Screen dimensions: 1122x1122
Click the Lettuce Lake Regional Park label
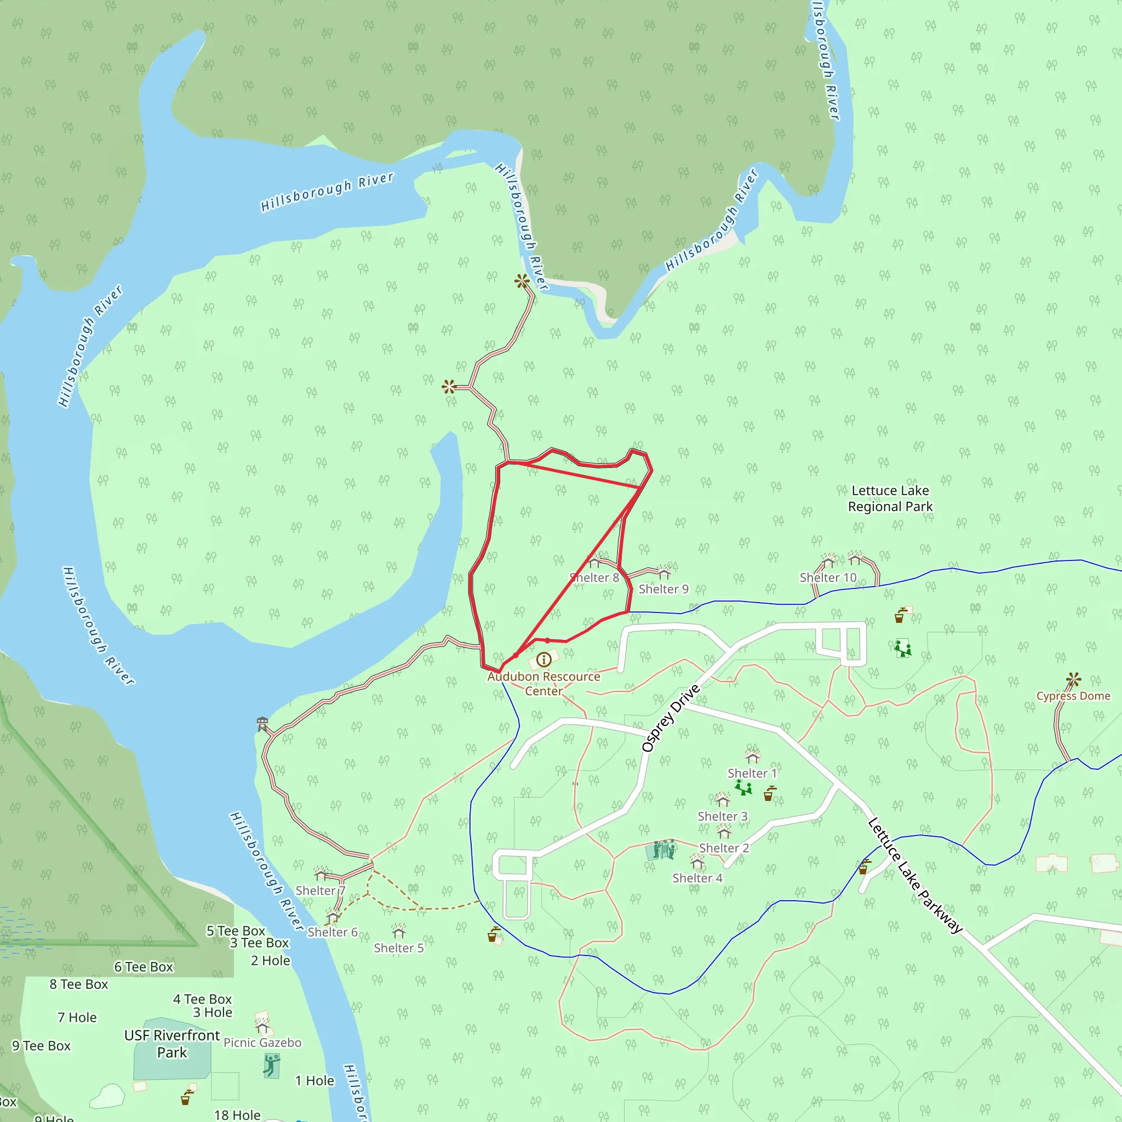(890, 499)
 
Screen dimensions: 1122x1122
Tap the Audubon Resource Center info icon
(543, 659)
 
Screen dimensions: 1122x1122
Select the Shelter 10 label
(828, 577)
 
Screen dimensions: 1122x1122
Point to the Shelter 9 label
(663, 589)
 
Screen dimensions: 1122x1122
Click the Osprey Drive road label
(671, 718)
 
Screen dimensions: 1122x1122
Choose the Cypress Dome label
(1073, 696)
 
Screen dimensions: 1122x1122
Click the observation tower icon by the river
(262, 724)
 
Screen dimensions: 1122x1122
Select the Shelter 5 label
(398, 948)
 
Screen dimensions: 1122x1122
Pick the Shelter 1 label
(752, 773)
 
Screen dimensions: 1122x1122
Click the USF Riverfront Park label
(172, 1044)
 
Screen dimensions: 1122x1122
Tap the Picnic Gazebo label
(262, 1043)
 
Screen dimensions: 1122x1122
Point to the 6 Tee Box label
(144, 967)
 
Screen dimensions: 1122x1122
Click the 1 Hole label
(314, 1081)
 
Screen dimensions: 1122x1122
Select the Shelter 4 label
(697, 878)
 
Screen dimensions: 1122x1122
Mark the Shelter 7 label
(320, 890)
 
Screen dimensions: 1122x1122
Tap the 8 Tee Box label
(79, 984)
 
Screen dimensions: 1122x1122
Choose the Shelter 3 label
(723, 816)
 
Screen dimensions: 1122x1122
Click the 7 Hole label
(77, 1017)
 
